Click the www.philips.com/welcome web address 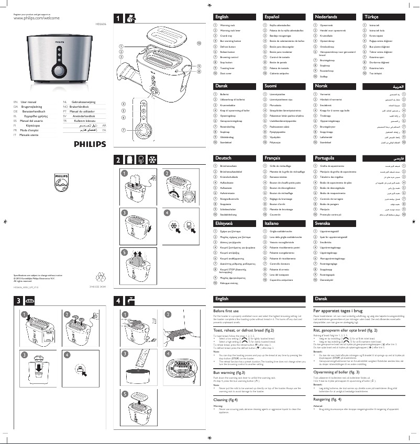point(36,18)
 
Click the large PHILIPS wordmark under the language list point(89,143)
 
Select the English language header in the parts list point(222,17)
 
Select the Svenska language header point(322,223)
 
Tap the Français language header point(272,157)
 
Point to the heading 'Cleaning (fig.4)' point(229,400)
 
